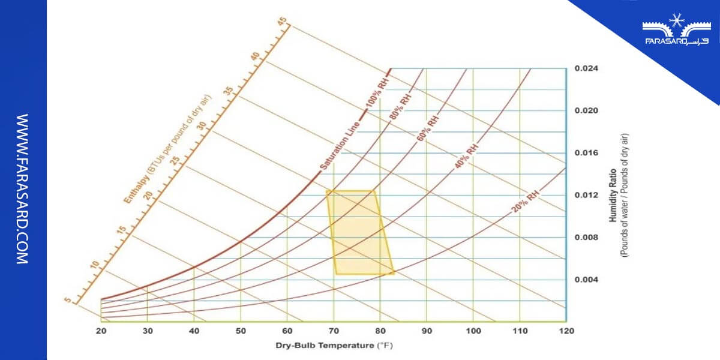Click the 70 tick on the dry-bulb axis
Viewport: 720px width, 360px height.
334,331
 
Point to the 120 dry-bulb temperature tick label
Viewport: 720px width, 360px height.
566,331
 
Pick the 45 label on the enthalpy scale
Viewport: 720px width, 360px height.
282,21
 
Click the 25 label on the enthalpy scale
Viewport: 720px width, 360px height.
175,161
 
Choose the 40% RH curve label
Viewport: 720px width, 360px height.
466,155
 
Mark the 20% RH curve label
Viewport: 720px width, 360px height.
523,202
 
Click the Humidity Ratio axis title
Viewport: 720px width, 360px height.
613,194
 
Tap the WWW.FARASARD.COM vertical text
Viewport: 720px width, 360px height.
22,189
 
